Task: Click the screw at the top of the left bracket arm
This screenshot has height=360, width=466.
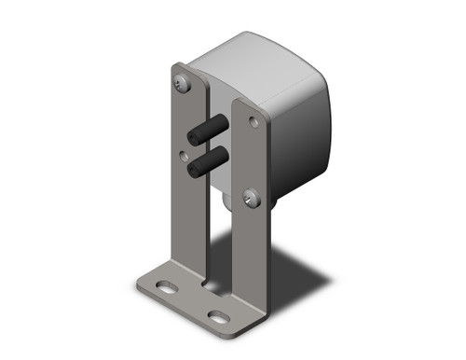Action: (183, 84)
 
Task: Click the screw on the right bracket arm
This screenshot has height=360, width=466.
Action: (250, 197)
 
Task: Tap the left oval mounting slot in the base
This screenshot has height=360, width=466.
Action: (165, 288)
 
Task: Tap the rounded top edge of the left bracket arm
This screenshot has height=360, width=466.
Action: (179, 68)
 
